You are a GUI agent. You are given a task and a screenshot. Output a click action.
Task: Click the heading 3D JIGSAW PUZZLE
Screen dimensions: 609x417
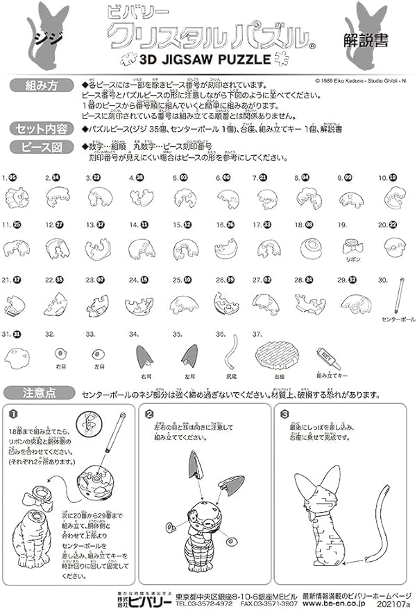tap(206, 60)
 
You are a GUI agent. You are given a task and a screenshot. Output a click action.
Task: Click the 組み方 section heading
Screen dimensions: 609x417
tap(40, 86)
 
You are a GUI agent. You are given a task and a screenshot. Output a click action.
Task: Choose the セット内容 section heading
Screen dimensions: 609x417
tap(40, 129)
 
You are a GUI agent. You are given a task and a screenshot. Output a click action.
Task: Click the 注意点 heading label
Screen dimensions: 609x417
tap(40, 393)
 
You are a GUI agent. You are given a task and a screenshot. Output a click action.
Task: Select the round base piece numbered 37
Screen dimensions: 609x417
tap(278, 353)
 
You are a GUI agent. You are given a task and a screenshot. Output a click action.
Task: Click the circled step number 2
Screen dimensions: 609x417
tap(150, 414)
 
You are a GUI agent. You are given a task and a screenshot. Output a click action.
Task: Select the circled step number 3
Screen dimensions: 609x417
tap(285, 414)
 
